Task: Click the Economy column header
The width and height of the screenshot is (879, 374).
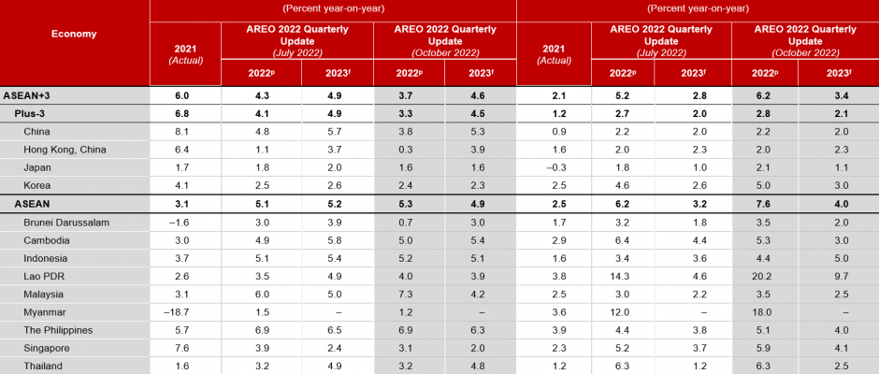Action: click(74, 34)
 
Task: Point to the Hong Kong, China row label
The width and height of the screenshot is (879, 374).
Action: click(65, 150)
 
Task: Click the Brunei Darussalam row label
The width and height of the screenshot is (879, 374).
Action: click(67, 222)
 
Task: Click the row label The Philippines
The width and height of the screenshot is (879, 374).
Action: click(63, 329)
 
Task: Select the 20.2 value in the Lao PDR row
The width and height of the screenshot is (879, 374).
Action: click(764, 276)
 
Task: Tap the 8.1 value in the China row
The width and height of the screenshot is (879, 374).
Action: click(184, 132)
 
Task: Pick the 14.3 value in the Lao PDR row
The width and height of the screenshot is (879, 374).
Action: click(622, 276)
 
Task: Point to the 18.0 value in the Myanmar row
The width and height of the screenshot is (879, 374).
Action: click(764, 311)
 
